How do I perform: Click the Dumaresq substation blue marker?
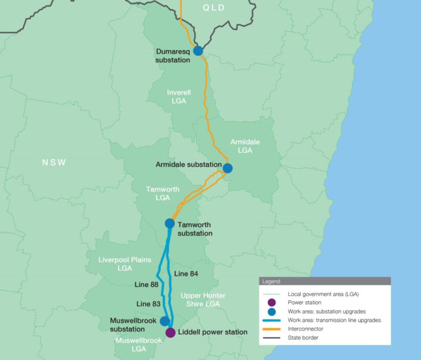point(198,51)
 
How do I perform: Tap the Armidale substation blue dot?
point(227,168)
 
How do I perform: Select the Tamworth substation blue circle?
point(170,223)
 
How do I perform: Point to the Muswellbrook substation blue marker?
point(165,321)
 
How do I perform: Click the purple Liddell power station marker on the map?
point(171,332)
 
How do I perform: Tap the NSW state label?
point(53,163)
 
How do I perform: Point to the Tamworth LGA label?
point(163,193)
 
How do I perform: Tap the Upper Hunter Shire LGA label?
point(203,299)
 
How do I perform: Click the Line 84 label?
point(186,274)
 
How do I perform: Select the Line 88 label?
point(147,284)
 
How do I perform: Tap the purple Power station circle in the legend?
point(272,303)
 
